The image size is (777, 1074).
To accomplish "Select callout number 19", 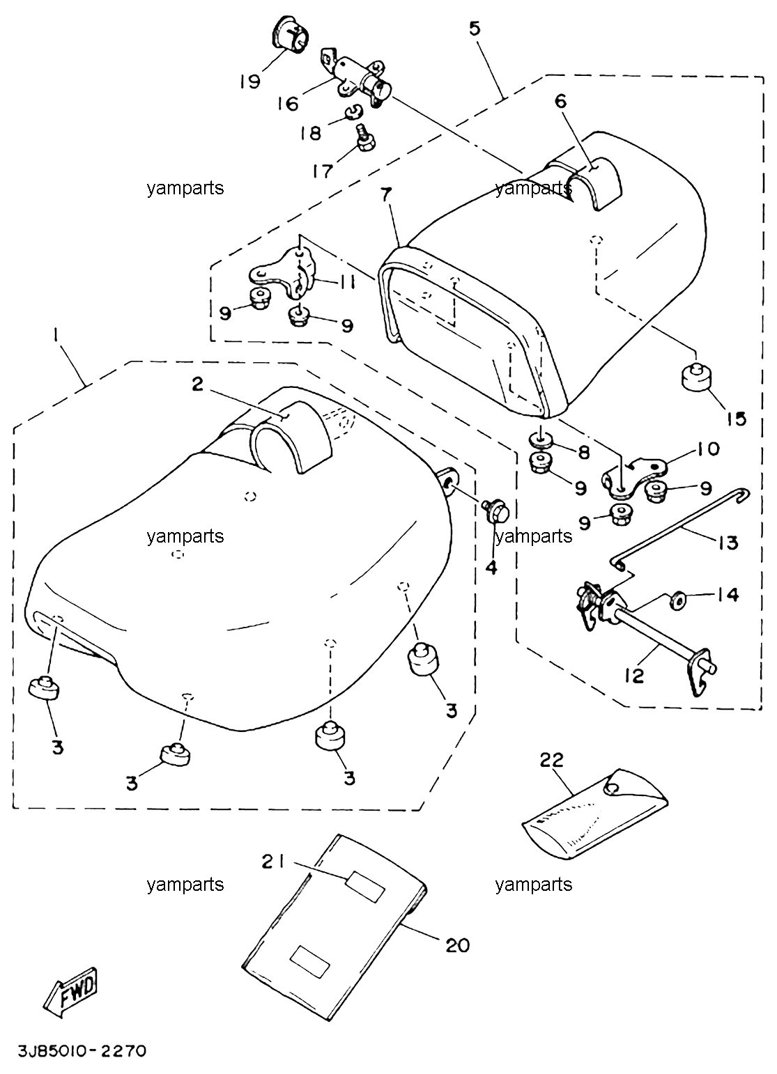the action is click(250, 81).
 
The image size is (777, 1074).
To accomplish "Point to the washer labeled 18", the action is click(354, 113).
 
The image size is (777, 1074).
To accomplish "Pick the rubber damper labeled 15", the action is click(695, 378).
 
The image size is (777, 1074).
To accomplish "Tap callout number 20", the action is click(458, 946).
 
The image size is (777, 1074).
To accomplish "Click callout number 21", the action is click(272, 862).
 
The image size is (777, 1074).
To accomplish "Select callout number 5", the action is click(474, 29).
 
